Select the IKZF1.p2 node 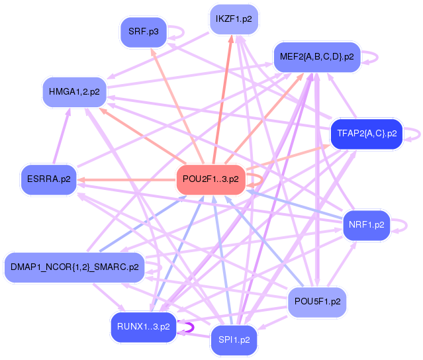coord(233,19)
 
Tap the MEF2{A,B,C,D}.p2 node coord(316,57)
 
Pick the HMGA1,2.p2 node coord(74,91)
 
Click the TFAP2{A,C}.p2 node coord(366,133)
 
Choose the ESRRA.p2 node coord(48,179)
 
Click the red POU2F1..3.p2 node coord(211,179)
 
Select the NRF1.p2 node coord(366,225)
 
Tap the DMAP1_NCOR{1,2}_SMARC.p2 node coord(74,267)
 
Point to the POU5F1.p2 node coord(317,302)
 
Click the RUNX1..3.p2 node coord(143,326)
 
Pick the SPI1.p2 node coord(234,340)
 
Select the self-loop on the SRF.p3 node coord(177,32)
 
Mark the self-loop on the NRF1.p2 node coord(400,225)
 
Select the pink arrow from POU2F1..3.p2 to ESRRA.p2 coord(126,179)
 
